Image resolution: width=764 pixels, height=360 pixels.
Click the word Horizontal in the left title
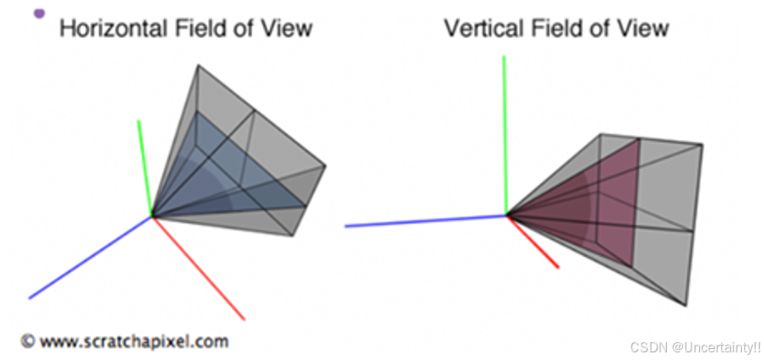[113, 27]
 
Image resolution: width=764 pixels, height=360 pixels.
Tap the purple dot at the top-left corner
[39, 12]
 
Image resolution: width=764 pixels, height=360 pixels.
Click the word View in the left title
[284, 27]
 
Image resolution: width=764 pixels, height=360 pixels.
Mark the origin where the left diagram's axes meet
[153, 215]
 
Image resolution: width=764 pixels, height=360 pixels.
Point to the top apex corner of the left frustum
[198, 64]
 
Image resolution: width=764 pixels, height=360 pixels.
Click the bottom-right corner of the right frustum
[686, 305]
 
